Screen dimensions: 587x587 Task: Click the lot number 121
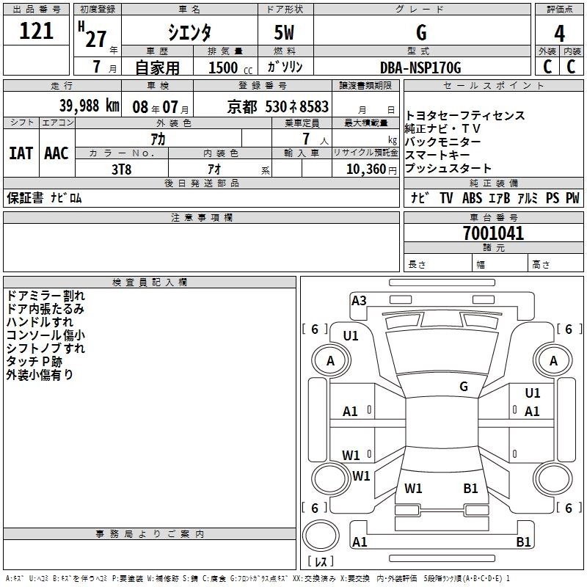(x=37, y=32)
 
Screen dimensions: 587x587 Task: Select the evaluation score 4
(x=559, y=34)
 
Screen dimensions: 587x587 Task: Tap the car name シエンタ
(x=189, y=33)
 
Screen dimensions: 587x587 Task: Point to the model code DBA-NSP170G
(x=420, y=68)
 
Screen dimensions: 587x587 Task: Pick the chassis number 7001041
(x=493, y=234)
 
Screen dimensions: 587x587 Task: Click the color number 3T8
(x=121, y=169)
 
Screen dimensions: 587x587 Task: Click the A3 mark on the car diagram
(x=359, y=300)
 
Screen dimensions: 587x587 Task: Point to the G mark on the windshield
(x=464, y=386)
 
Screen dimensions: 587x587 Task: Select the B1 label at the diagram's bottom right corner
(x=523, y=542)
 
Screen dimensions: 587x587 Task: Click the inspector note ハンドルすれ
(x=40, y=322)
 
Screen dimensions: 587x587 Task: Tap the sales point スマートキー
(x=438, y=156)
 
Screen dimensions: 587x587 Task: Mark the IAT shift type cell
(x=21, y=153)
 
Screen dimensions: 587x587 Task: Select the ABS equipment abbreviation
(x=472, y=198)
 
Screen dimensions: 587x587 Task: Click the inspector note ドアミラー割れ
(x=45, y=296)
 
